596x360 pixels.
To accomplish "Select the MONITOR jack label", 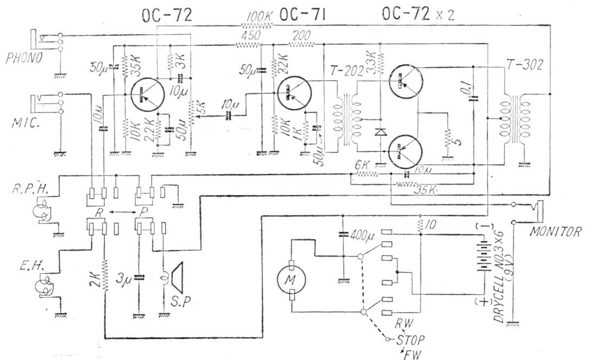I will [x=557, y=232].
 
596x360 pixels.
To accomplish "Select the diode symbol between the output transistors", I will [x=380, y=132].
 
